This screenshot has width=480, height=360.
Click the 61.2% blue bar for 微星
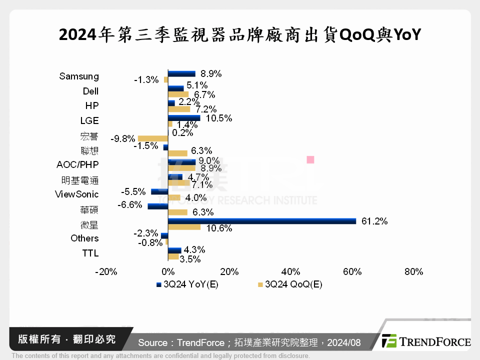click(x=261, y=221)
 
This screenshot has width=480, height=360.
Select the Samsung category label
click(x=79, y=76)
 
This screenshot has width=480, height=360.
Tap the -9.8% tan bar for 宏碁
click(x=152, y=138)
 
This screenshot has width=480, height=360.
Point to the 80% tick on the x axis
click(x=413, y=272)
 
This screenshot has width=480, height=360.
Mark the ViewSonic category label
click(x=76, y=194)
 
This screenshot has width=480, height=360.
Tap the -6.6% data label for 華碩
click(x=130, y=204)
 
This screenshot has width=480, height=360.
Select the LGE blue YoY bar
click(x=184, y=118)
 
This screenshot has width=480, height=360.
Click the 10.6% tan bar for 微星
click(x=184, y=227)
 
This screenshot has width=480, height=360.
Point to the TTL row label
click(x=90, y=253)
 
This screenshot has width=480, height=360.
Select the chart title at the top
click(x=240, y=35)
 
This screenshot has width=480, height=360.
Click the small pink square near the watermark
click(x=310, y=159)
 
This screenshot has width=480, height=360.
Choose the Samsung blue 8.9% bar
click(x=181, y=73)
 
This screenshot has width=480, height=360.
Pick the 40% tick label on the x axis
click(x=290, y=272)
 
